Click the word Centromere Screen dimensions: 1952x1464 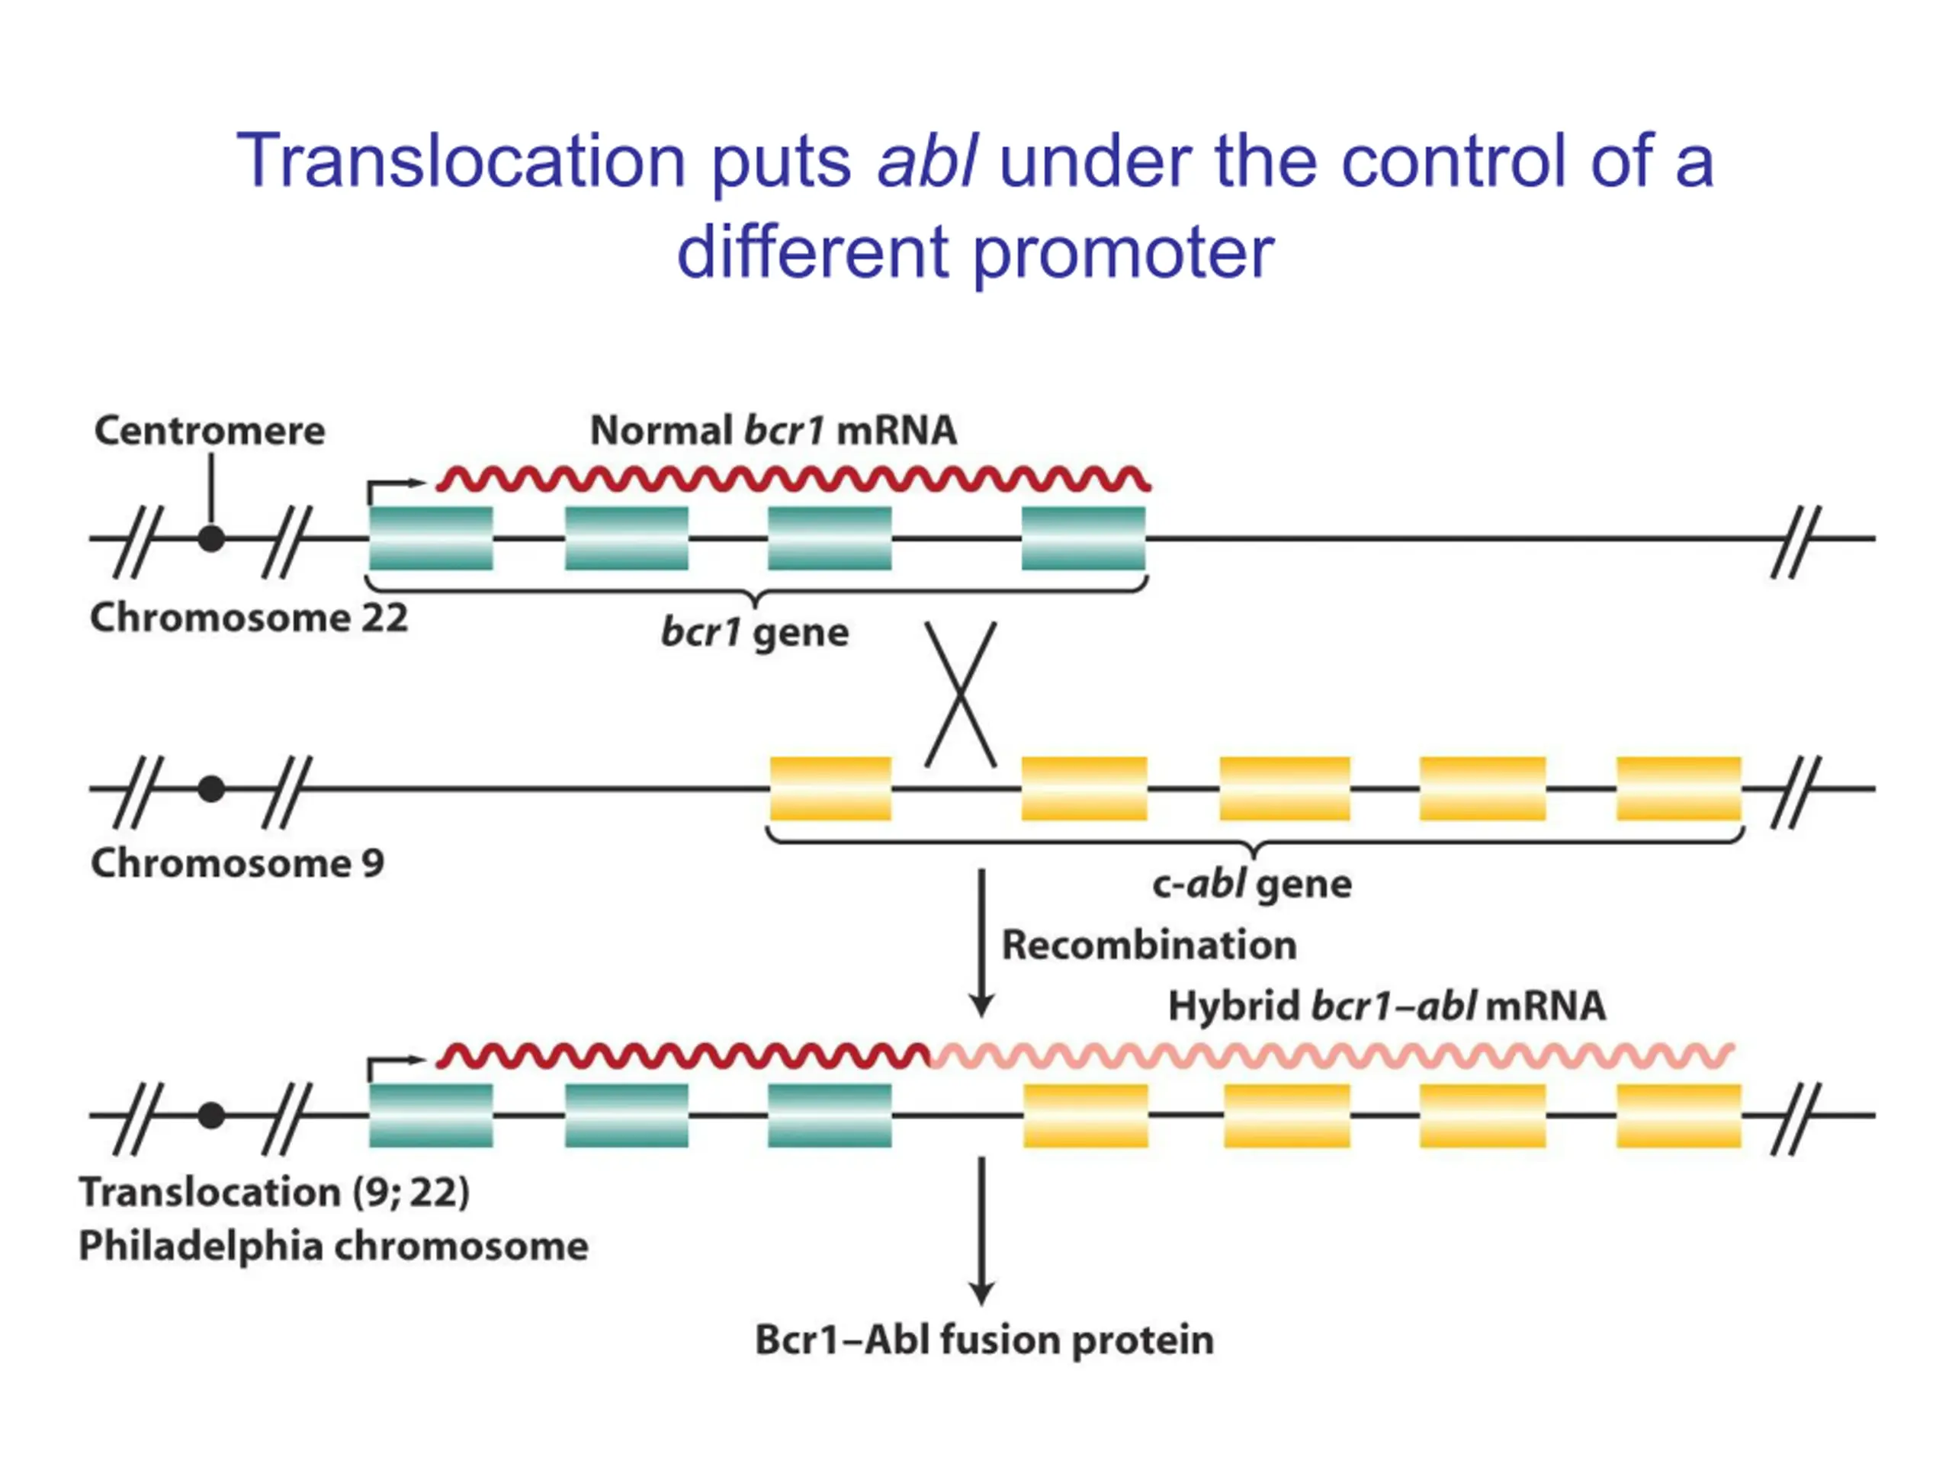click(x=210, y=431)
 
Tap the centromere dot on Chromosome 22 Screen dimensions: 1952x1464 click(x=211, y=538)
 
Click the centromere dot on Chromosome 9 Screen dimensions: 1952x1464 click(x=211, y=788)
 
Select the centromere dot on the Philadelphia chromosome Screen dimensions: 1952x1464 click(x=211, y=1116)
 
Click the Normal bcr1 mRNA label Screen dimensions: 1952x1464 click(x=773, y=431)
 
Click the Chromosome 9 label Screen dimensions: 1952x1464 click(x=237, y=863)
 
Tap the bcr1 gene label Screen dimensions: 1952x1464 click(x=755, y=633)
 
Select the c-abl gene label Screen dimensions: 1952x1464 click(x=1251, y=883)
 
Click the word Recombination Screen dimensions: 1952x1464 click(x=1149, y=945)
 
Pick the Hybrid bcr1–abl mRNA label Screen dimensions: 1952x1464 click(x=1386, y=1006)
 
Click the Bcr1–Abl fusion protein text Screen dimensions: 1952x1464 click(x=984, y=1340)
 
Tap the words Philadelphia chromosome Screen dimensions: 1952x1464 click(x=333, y=1246)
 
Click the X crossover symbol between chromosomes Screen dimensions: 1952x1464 click(x=960, y=695)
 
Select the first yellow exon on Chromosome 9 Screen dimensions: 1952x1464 click(x=830, y=788)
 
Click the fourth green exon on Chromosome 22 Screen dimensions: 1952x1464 click(x=1084, y=538)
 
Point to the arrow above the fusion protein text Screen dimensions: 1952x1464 click(x=981, y=1230)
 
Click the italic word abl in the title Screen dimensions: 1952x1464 click(x=926, y=161)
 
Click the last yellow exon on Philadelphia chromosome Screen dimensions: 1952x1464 click(x=1678, y=1116)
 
